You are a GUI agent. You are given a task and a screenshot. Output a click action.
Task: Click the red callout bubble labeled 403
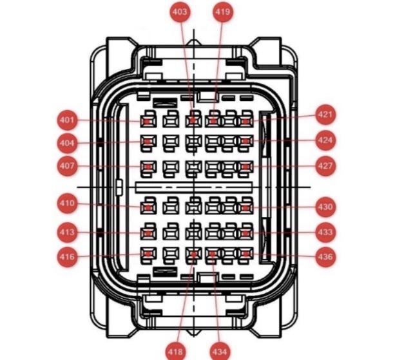click(x=180, y=12)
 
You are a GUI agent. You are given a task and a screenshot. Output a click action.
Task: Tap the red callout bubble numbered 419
click(x=222, y=12)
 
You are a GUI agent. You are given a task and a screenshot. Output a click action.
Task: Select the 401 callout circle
click(x=67, y=120)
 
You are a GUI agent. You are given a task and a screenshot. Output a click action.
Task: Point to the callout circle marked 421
click(x=325, y=115)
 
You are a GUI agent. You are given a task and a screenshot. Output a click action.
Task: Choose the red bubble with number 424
click(x=325, y=140)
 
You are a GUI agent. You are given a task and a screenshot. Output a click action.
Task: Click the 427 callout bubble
click(x=325, y=166)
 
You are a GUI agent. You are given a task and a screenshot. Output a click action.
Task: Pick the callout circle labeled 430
click(x=325, y=207)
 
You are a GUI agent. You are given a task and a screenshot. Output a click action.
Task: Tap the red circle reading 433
click(x=325, y=232)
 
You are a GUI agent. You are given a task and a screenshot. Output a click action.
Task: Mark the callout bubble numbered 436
click(x=325, y=257)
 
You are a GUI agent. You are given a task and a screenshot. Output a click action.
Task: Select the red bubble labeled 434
click(x=220, y=351)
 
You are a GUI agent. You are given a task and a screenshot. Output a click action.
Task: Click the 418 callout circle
click(x=175, y=351)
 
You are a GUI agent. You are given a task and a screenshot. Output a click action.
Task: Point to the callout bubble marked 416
click(x=67, y=257)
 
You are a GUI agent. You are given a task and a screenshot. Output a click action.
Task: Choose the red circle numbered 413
click(x=67, y=232)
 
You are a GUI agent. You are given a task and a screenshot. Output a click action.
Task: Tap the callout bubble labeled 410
click(x=67, y=204)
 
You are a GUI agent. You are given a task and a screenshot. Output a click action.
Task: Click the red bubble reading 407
click(x=67, y=166)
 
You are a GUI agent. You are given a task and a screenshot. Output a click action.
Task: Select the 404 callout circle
click(x=67, y=143)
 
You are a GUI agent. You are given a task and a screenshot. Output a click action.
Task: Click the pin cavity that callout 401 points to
click(x=148, y=121)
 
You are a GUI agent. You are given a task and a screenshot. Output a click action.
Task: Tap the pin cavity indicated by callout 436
click(x=245, y=254)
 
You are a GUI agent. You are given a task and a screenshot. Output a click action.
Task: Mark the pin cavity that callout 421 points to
click(x=245, y=121)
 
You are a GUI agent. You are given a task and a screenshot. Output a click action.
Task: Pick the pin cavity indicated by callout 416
click(x=148, y=254)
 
